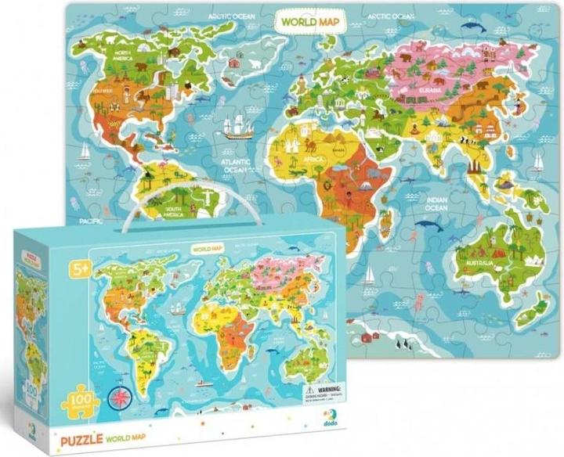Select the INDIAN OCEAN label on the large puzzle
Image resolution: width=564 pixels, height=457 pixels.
(436, 205)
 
